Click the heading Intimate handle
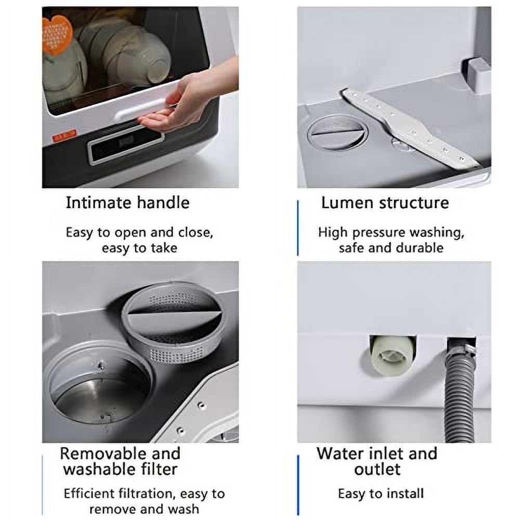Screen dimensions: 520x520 [127, 202]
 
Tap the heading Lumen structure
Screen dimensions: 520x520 [384, 202]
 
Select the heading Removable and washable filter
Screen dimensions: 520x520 [120, 461]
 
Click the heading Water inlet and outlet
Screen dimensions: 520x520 [377, 461]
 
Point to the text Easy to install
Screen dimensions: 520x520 [381, 493]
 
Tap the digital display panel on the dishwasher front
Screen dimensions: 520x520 [125, 144]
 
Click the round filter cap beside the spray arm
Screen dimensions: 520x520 [337, 133]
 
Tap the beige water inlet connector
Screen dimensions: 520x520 [392, 355]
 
